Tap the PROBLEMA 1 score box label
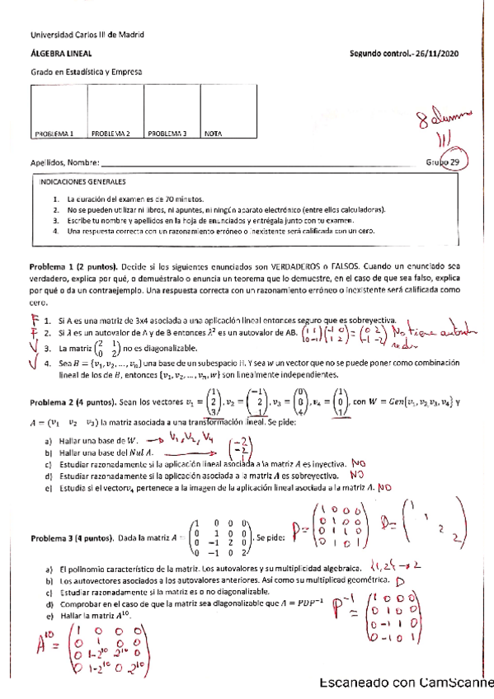tap(54, 133)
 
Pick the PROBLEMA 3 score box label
tap(167, 133)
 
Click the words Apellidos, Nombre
tap(64, 162)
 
